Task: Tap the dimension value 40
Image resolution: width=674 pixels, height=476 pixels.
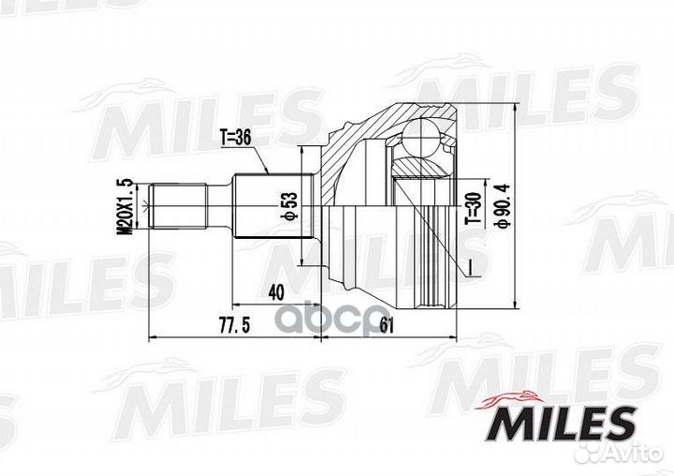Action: pyautogui.click(x=275, y=291)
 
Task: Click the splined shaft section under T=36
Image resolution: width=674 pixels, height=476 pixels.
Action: pyautogui.click(x=265, y=207)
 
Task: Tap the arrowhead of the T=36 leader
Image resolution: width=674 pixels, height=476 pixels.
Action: pyautogui.click(x=270, y=173)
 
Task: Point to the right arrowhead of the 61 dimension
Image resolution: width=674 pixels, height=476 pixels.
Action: pyautogui.click(x=454, y=338)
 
